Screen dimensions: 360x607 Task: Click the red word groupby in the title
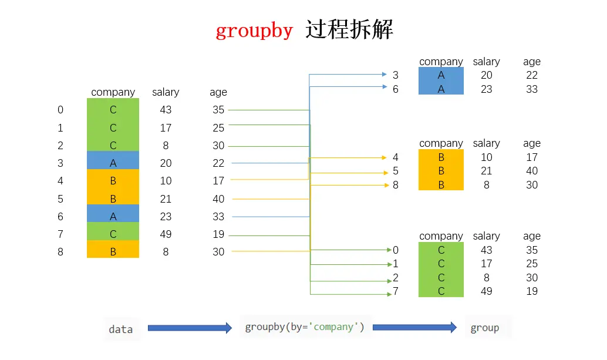[x=254, y=30]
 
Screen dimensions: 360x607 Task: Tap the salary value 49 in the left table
[x=166, y=234]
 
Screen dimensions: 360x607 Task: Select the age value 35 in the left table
[x=218, y=110]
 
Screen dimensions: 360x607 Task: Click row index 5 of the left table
[x=60, y=199]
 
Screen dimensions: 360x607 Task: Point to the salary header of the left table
[x=166, y=92]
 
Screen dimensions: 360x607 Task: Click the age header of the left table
[x=218, y=92]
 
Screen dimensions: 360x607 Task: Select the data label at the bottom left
[x=121, y=329]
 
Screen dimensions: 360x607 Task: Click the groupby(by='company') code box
[x=305, y=327]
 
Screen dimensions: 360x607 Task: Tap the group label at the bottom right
[x=485, y=328]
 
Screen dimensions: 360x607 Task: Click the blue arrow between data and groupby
[x=190, y=328]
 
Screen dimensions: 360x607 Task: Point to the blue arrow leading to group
[x=414, y=328]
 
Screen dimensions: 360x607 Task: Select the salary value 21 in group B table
[x=486, y=171]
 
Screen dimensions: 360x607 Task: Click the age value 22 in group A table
[x=532, y=75]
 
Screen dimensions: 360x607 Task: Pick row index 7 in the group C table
[x=396, y=291]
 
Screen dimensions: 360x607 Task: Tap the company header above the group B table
[x=441, y=143]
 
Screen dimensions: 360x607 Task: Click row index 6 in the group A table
[x=396, y=89]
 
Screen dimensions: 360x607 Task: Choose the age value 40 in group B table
[x=532, y=171]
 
